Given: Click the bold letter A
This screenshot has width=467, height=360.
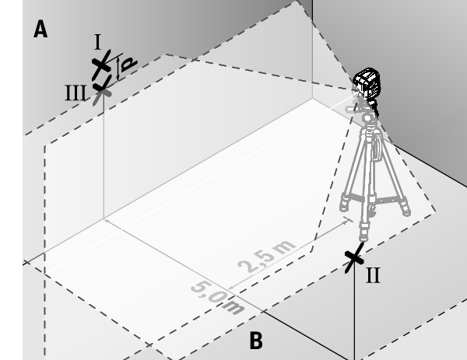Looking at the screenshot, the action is [40, 29].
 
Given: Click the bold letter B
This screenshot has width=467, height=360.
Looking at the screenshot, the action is [256, 341].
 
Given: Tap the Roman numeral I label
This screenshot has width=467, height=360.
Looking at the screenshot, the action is [98, 42].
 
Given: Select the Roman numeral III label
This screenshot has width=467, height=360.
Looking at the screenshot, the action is [75, 93].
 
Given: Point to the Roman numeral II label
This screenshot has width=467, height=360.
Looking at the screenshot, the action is [373, 275].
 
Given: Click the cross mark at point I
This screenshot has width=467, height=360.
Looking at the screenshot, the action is [101, 65].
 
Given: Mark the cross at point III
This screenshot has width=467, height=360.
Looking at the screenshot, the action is [102, 89].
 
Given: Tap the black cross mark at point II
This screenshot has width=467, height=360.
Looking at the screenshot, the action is [354, 257].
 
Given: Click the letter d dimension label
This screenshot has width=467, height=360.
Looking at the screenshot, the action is [129, 64].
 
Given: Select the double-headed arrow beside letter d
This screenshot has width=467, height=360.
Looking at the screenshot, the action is [118, 69].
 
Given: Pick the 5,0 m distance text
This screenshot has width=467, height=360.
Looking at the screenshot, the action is [217, 298].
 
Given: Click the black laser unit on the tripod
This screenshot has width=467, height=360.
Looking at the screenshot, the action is [367, 82].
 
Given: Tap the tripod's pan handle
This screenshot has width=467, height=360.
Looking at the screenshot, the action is [352, 109].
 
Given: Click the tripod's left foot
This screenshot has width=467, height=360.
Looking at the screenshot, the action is [344, 205].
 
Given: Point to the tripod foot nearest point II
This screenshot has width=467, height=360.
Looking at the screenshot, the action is [363, 236].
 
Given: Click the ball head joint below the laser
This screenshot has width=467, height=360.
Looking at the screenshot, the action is [368, 118].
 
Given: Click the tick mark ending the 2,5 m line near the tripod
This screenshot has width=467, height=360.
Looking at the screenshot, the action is [348, 219].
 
